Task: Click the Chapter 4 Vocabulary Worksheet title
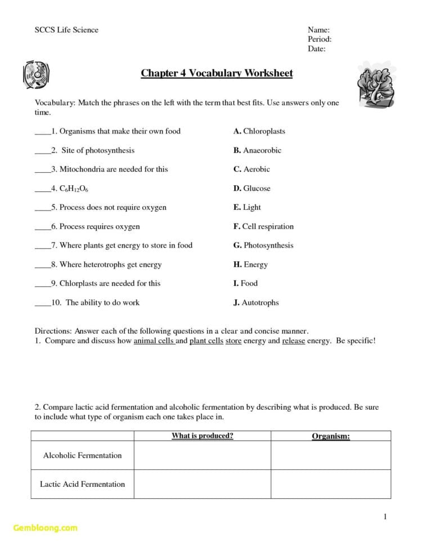[x=217, y=74]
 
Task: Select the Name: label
[x=318, y=30]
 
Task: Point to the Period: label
[x=320, y=39]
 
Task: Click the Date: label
[x=317, y=49]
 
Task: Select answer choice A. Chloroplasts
[x=259, y=131]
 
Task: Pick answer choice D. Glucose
[x=252, y=188]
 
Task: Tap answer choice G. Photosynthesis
[x=263, y=245]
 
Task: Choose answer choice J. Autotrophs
[x=255, y=302]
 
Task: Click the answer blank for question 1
[x=42, y=132]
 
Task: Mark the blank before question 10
[x=42, y=303]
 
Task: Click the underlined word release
[x=293, y=341]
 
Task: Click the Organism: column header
[x=331, y=436]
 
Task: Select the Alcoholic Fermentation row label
[x=82, y=455]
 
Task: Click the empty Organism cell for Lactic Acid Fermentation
[x=331, y=484]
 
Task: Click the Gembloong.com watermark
[x=39, y=528]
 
